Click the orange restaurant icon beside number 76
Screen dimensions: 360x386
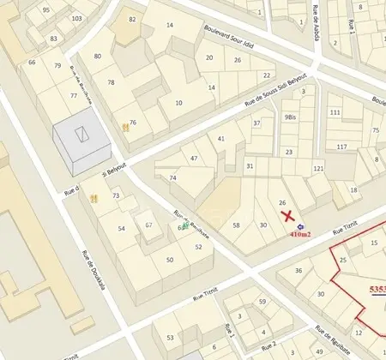126,127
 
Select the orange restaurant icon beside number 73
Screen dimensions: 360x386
93,198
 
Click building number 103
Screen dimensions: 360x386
77,18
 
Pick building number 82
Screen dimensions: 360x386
132,19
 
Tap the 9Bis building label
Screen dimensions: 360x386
290,117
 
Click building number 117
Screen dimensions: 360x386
341,147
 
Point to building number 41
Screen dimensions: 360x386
221,138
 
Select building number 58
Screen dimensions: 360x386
236,225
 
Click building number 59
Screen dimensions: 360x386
262,302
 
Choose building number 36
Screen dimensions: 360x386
299,271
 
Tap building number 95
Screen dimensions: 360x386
45,9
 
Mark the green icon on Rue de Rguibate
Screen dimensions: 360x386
185,225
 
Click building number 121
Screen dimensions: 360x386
318,168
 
